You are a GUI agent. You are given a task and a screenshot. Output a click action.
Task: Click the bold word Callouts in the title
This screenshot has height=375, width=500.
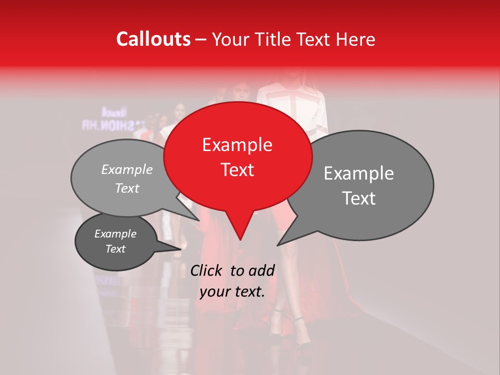coord(153,39)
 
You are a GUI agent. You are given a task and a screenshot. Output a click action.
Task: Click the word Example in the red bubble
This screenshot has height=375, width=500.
coord(237,145)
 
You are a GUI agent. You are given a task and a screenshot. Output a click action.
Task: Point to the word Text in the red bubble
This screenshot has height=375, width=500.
coord(237,170)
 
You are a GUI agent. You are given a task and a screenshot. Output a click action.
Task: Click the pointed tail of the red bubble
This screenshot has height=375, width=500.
coord(240,237)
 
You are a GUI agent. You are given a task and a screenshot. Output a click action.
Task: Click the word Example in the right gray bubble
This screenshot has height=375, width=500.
coord(359,173)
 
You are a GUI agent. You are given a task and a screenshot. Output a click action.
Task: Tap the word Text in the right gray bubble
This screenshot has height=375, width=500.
coord(359,198)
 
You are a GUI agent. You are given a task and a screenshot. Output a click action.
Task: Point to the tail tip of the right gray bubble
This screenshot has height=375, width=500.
coord(279,244)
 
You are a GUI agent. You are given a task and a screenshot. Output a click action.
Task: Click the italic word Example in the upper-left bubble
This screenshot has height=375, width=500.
coord(127,170)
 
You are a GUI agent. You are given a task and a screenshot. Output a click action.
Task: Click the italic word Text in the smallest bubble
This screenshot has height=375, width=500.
coord(116,249)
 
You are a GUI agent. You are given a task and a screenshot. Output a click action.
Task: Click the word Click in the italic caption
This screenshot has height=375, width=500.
coord(208,270)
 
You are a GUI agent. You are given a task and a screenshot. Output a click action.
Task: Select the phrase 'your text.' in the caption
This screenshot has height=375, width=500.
coord(232,292)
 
